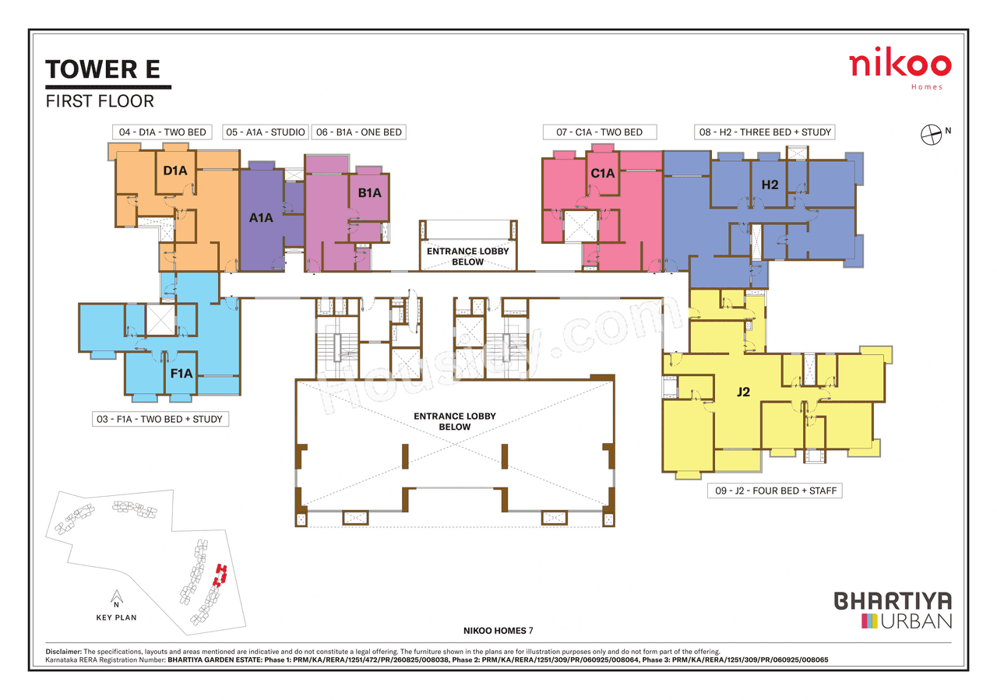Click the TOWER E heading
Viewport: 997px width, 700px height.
pos(103,69)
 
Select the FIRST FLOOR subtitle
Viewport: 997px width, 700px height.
pos(100,101)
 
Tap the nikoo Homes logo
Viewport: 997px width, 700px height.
pos(900,68)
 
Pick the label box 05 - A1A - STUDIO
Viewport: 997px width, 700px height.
pos(266,132)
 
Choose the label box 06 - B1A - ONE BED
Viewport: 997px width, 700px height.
pos(359,132)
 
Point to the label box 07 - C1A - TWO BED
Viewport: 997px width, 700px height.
pos(599,132)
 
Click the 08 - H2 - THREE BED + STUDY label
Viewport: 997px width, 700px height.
pos(765,132)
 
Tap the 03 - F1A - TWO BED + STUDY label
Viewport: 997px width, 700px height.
pos(159,420)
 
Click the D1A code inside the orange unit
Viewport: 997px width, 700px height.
pos(175,169)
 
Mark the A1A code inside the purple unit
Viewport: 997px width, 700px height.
pos(261,218)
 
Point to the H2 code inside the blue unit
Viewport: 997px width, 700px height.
pos(770,185)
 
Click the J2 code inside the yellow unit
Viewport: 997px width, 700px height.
pos(743,392)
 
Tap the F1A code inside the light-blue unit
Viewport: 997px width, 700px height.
pos(181,374)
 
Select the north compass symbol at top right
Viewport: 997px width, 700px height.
pos(932,135)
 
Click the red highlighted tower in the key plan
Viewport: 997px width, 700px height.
pos(220,575)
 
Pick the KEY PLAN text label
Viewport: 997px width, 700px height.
pos(115,617)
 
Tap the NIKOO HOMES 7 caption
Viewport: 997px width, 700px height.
pos(498,630)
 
